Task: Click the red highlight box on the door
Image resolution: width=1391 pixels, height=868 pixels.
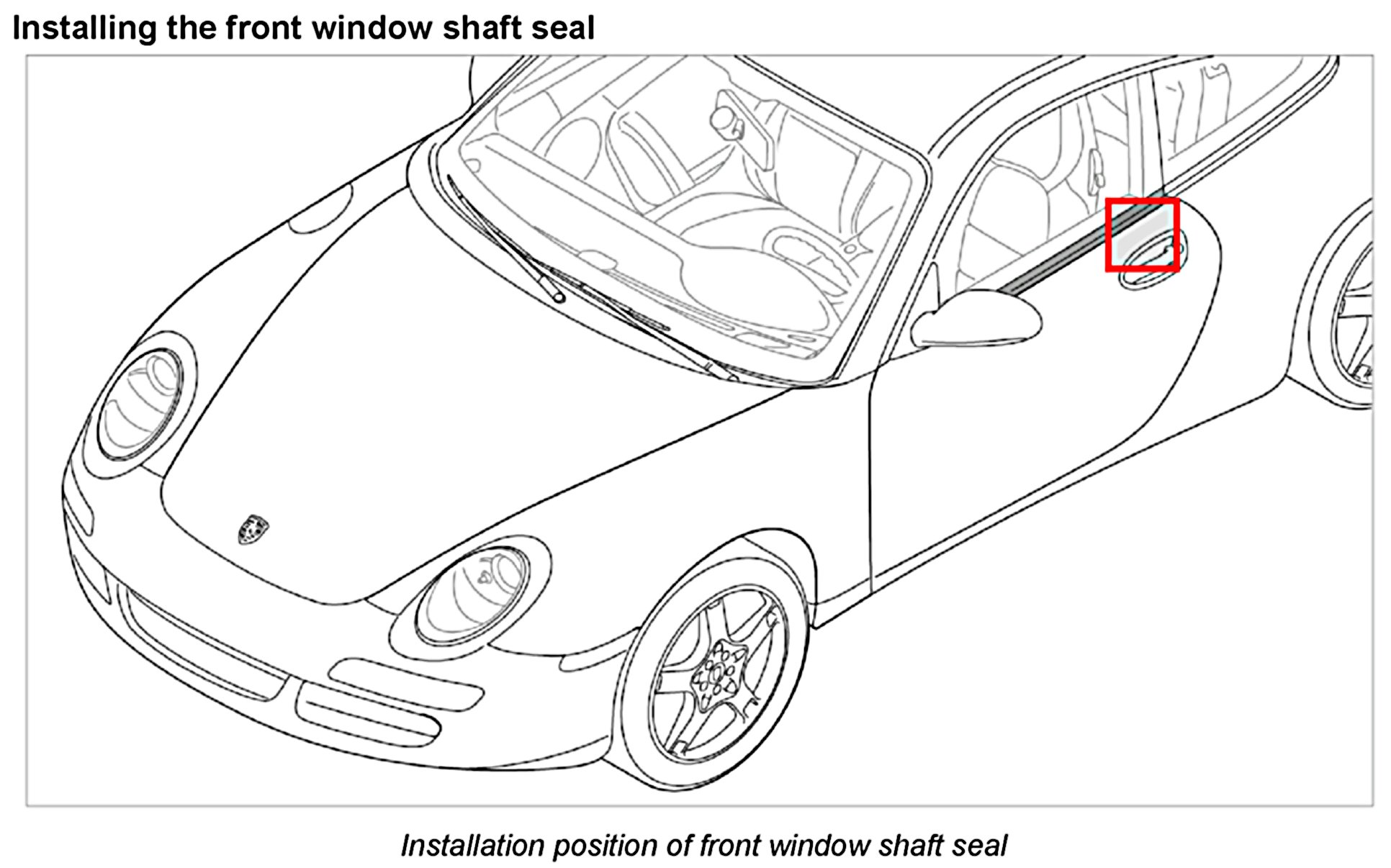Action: click(x=1142, y=235)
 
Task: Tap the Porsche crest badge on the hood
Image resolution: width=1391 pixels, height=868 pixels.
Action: click(x=253, y=529)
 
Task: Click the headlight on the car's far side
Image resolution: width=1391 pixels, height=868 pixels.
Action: click(x=141, y=404)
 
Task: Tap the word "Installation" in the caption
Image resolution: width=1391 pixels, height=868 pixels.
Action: click(x=472, y=846)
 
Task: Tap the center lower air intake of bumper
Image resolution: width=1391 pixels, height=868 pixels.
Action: click(x=202, y=648)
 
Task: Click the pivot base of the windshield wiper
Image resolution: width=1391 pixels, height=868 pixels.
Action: click(x=559, y=295)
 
